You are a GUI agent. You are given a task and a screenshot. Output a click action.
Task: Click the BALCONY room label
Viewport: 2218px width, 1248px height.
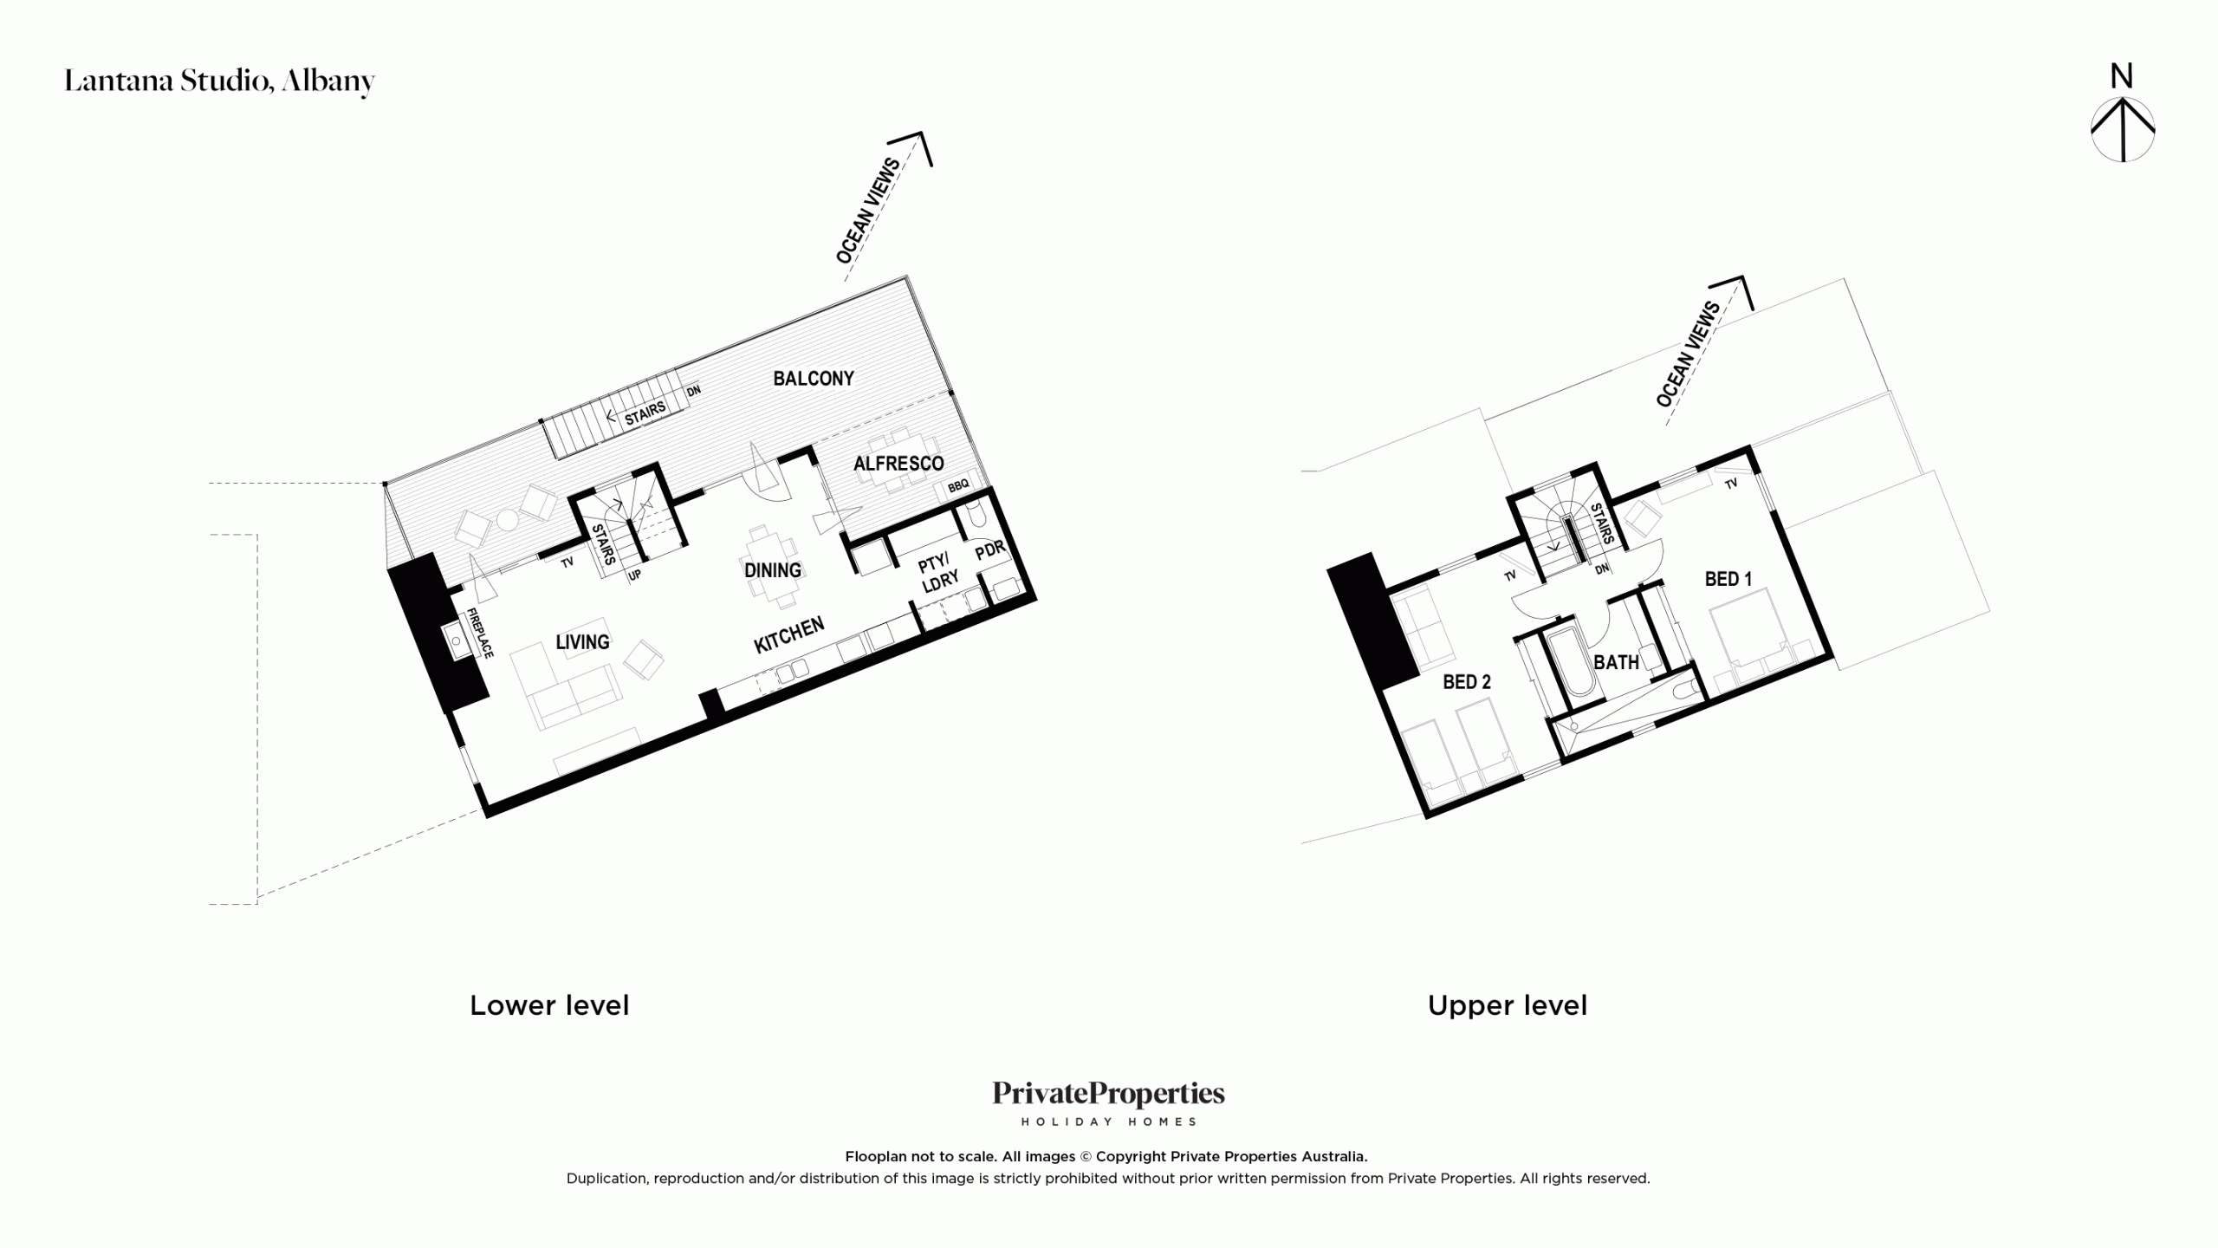814,379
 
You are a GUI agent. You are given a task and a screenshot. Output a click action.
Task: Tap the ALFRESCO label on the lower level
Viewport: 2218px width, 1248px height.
898,464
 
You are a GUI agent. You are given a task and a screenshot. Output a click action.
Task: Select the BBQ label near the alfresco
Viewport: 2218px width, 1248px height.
958,486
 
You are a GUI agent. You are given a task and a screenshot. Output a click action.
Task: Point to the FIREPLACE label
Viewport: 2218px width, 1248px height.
480,633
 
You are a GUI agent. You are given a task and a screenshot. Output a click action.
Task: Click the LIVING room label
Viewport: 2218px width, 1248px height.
582,642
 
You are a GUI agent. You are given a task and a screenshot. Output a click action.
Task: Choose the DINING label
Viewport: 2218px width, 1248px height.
773,570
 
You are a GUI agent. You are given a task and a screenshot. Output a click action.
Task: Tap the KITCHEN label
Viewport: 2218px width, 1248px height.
789,635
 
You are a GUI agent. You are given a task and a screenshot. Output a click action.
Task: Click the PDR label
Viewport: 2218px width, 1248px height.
990,550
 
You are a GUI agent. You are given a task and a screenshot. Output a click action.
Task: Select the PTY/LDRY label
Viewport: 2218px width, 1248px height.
938,572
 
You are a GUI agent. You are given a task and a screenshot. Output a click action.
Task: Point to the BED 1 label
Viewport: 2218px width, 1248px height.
1728,579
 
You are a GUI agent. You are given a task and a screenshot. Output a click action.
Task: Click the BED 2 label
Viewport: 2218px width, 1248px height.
1467,682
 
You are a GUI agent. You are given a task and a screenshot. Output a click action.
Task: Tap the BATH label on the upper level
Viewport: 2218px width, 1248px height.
1617,662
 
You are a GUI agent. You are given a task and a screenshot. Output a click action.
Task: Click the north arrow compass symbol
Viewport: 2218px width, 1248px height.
2123,129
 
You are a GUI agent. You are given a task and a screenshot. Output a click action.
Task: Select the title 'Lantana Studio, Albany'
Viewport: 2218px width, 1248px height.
220,81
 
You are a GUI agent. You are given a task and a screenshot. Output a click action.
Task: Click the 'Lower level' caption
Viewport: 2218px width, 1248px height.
549,1005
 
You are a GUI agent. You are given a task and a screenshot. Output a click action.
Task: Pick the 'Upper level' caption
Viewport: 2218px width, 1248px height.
1508,1005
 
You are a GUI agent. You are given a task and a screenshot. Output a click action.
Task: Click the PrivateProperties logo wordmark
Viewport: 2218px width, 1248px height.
1109,1094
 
